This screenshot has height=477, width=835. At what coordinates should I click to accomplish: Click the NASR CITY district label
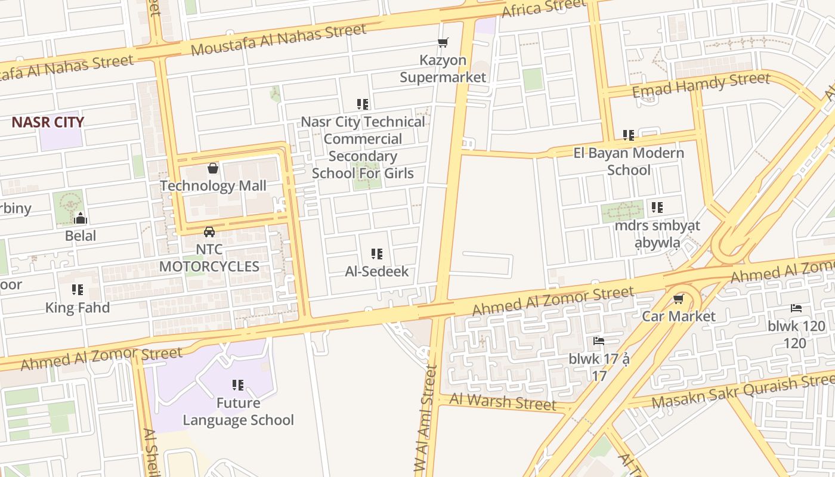click(x=48, y=122)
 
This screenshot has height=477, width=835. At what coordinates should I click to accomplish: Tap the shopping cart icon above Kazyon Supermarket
click(x=443, y=43)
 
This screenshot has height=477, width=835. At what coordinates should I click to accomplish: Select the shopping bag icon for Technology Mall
click(x=213, y=169)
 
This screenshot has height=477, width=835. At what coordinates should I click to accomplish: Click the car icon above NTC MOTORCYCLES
click(x=209, y=231)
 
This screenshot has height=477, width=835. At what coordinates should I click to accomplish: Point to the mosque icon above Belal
click(x=81, y=218)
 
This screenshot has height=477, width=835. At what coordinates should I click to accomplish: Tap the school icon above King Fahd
click(x=78, y=290)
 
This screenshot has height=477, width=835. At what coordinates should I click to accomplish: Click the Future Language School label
click(x=238, y=411)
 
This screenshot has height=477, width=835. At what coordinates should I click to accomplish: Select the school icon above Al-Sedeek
click(x=377, y=254)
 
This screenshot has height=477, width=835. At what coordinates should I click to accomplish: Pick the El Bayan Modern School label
click(x=628, y=162)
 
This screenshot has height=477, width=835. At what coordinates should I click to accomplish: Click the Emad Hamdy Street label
click(x=701, y=85)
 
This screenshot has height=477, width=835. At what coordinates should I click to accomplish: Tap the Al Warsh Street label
click(x=503, y=402)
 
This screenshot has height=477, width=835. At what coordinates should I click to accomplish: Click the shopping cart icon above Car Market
click(x=678, y=299)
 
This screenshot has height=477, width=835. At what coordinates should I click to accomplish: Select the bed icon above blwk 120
click(x=796, y=308)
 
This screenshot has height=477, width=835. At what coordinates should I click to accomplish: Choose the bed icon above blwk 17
click(x=599, y=341)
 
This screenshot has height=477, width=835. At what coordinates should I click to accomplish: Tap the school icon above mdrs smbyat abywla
click(x=657, y=207)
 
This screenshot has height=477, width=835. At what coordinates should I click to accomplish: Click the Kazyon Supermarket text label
click(x=443, y=69)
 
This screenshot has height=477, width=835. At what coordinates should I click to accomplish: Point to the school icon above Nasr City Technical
click(x=363, y=104)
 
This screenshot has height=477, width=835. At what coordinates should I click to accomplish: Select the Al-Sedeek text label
click(x=377, y=271)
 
